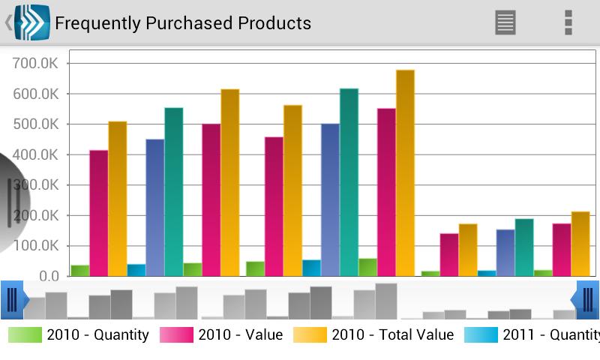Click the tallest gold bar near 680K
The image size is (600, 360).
405,173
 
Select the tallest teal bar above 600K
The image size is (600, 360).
349,182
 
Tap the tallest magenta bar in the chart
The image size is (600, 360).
386,193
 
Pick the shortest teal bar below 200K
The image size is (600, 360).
524,247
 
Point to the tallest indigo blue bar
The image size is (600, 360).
330,200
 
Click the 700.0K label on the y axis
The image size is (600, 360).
35,64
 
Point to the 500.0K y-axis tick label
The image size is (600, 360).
35,124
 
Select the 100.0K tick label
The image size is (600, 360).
35,246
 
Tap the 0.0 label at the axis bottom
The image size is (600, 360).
49,276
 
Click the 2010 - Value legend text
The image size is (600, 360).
241,334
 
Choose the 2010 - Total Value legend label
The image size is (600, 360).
392,334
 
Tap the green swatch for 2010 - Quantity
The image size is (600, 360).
25,334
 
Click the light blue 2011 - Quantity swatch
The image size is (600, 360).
481,334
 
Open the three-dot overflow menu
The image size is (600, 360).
568,22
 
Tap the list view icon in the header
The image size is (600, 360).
505,22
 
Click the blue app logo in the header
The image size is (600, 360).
32,22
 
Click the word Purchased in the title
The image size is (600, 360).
190,23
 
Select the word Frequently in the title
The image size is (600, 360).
98,24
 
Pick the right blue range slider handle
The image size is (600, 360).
585,300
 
